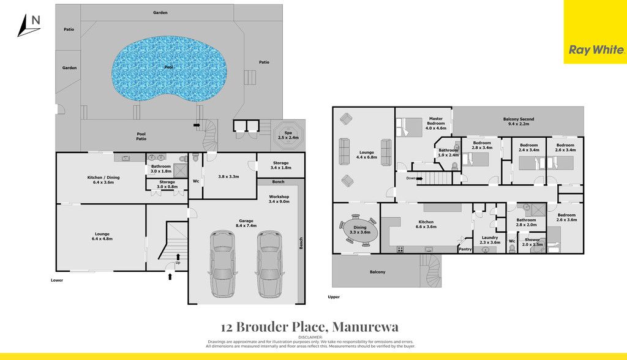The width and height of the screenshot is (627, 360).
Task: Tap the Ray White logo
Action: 596,50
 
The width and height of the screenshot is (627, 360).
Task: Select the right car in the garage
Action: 270,264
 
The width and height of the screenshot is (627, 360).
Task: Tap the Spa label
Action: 288,133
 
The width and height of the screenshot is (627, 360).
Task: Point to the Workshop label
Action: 279,197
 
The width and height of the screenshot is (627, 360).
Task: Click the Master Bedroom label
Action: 436,121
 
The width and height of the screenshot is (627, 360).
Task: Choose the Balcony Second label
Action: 519,119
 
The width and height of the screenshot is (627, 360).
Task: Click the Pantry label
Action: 465,249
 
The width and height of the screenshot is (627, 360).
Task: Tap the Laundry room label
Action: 490,238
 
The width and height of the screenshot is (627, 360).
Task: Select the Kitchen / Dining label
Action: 103,177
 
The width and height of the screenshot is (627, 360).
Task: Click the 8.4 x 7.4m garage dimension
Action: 246,225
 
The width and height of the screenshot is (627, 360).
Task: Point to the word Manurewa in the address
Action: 366,327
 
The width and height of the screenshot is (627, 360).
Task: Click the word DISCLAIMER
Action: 310,337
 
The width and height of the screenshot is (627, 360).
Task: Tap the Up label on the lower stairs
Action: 178,263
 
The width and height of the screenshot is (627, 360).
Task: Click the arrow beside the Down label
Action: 419,178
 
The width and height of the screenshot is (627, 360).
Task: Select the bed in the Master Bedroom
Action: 409,127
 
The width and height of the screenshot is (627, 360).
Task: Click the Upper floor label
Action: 334,297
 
